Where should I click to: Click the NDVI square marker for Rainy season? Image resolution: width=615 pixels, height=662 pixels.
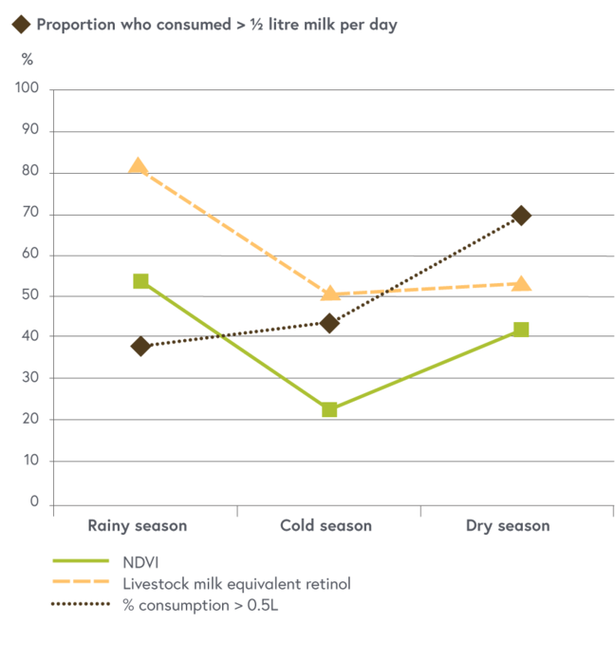(x=140, y=281)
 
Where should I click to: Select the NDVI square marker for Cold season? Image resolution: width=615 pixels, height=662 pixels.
(x=329, y=409)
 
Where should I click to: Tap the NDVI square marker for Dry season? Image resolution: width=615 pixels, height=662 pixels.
(x=521, y=330)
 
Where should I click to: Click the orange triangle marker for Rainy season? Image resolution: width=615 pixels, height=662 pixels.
(x=139, y=167)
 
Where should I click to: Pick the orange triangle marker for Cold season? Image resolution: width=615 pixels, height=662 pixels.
(x=330, y=293)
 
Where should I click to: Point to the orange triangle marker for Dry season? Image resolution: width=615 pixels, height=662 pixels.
(x=521, y=283)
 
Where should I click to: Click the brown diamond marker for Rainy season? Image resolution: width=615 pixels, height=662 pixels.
(x=141, y=346)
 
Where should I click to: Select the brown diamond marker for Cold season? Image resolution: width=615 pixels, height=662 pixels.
(x=329, y=323)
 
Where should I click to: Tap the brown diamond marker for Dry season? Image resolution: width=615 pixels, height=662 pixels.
(x=521, y=216)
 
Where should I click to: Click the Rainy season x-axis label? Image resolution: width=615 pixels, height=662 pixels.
(x=138, y=525)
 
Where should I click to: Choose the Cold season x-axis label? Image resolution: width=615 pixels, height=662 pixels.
(x=326, y=525)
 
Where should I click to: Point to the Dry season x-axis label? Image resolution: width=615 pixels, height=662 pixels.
(x=508, y=525)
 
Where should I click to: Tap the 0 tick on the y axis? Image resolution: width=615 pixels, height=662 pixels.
(x=34, y=501)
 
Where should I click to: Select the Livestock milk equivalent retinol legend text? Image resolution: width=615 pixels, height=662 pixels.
(x=236, y=583)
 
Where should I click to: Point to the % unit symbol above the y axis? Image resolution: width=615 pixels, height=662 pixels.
(x=28, y=59)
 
